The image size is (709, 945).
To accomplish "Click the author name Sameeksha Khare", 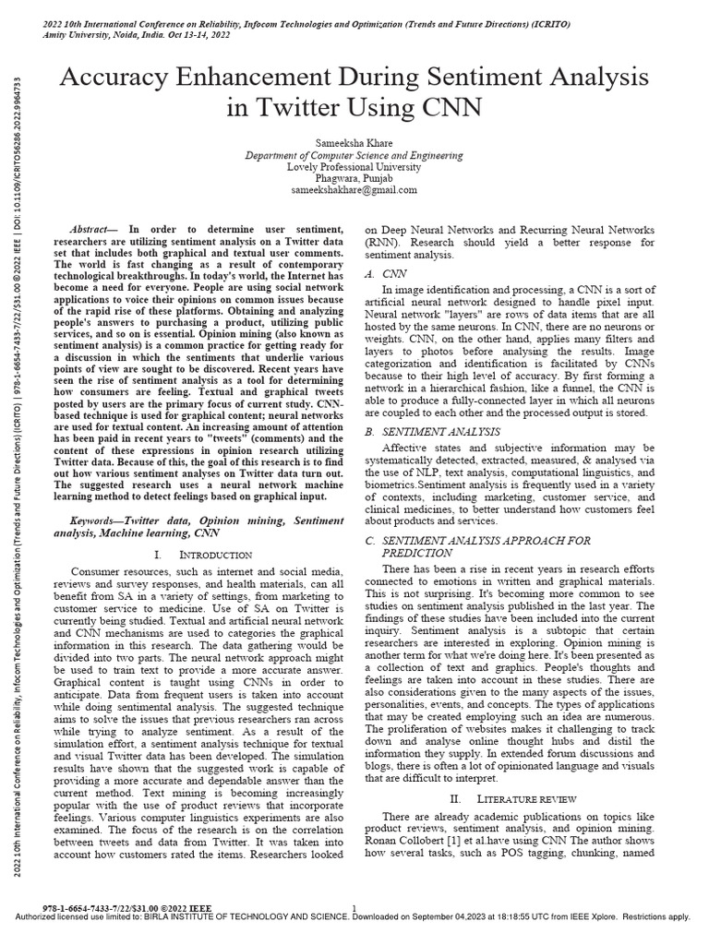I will (354, 144).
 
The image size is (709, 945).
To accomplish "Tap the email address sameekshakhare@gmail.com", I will (354, 189).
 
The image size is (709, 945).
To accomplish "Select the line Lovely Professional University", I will (354, 167).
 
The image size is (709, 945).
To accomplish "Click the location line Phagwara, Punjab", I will (354, 178).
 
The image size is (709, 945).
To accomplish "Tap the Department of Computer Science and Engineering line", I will (354, 156).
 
